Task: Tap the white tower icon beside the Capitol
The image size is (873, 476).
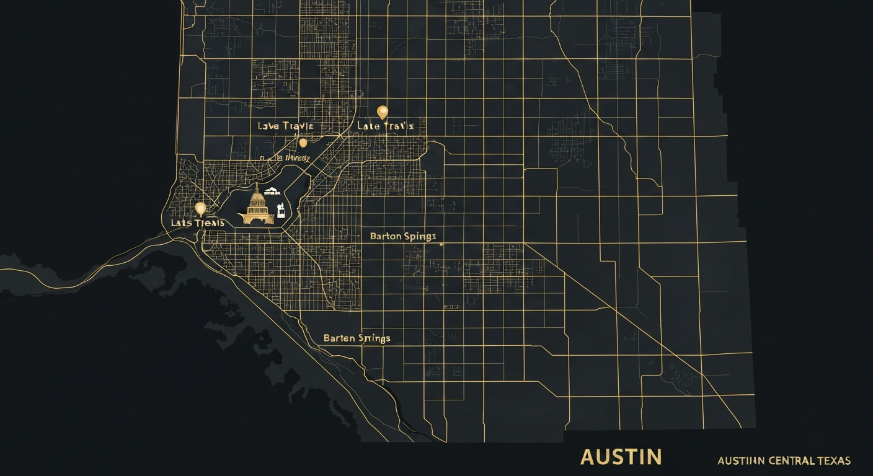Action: (281, 210)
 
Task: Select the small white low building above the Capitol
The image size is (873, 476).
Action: (270, 191)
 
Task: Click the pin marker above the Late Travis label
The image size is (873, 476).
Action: (383, 112)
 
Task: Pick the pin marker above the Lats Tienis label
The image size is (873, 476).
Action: (200, 208)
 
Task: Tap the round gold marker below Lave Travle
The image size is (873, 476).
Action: (303, 143)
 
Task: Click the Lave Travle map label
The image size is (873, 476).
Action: (285, 126)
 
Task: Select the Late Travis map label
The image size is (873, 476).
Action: (385, 126)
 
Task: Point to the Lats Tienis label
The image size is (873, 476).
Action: (189, 223)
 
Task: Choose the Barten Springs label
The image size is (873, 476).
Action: (357, 338)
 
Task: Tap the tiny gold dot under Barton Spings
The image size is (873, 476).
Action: (441, 244)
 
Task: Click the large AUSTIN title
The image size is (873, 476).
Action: (621, 457)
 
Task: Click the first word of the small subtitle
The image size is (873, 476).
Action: (740, 461)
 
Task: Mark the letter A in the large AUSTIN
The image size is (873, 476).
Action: (588, 457)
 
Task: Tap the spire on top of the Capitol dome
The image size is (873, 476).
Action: (257, 187)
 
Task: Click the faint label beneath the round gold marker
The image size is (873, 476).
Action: (285, 157)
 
